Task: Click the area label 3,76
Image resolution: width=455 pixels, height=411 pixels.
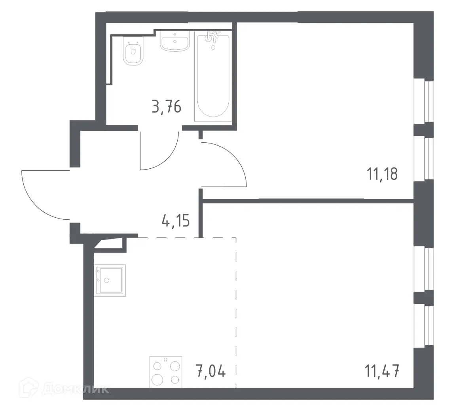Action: coord(167,107)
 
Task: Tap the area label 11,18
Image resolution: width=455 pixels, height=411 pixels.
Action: coord(382,173)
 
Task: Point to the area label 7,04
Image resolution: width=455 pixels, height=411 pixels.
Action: coord(210,372)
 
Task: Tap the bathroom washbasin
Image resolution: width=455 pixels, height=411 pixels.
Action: coord(175,42)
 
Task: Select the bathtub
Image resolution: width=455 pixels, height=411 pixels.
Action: coord(212,79)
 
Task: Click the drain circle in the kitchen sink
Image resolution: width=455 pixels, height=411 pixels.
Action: coord(106,280)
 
